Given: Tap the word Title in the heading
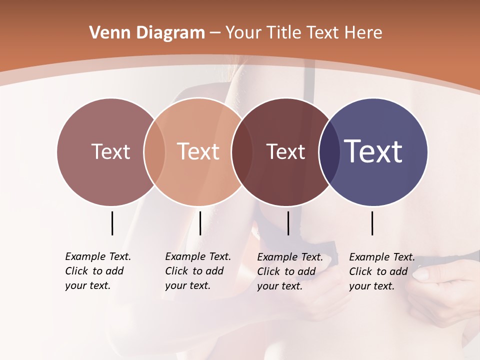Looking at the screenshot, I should click(284, 32).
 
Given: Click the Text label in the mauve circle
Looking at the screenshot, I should click(110, 151).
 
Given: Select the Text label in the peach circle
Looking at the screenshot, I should click(198, 151).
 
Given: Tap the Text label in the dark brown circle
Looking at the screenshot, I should click(285, 152).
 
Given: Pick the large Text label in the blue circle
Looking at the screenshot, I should click(373, 151).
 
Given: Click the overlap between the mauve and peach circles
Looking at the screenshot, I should click(154, 152).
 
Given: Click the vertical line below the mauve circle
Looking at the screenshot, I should click(112, 223).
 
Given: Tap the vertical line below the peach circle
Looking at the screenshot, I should click(200, 223).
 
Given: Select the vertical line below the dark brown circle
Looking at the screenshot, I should click(288, 223).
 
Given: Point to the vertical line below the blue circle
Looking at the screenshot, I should click(372, 223).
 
